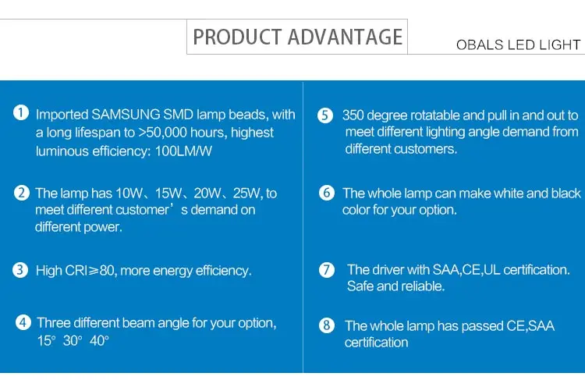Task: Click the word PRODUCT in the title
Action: click(x=237, y=37)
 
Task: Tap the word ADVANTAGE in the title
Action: click(x=345, y=37)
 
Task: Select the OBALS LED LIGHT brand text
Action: click(x=518, y=44)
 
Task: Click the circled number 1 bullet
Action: click(x=21, y=112)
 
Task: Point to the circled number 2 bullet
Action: click(x=22, y=193)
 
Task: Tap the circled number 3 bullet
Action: click(x=20, y=269)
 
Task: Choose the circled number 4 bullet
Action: click(x=23, y=322)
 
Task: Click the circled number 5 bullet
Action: click(x=325, y=115)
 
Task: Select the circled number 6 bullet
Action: click(x=327, y=193)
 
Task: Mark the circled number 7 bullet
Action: click(x=327, y=269)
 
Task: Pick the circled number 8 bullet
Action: click(x=327, y=325)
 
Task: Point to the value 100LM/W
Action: click(x=183, y=151)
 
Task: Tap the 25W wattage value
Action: click(x=247, y=194)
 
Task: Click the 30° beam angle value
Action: click(x=73, y=340)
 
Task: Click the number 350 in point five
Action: click(x=353, y=115)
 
